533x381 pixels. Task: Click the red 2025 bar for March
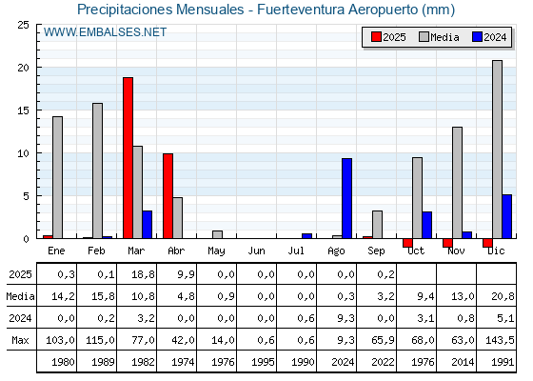click(x=128, y=158)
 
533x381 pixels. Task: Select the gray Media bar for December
click(x=497, y=150)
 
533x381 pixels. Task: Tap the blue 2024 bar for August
click(x=346, y=198)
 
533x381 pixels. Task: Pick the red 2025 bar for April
click(x=168, y=196)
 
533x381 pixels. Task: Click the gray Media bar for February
click(x=97, y=170)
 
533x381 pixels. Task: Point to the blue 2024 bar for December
click(x=506, y=216)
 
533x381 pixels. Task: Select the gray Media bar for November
click(x=457, y=183)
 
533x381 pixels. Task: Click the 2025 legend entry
click(x=388, y=37)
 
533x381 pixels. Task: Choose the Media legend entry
click(x=439, y=37)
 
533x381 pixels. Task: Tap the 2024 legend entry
click(x=489, y=37)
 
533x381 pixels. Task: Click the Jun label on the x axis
click(x=256, y=251)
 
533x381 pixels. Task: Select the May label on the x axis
click(x=216, y=251)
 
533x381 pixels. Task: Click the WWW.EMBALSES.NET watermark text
click(x=105, y=32)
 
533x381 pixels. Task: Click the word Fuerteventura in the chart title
click(x=301, y=10)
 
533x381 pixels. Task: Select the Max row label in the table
click(x=20, y=340)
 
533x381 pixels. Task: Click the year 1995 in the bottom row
click(x=263, y=362)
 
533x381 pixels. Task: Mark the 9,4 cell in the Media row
click(x=425, y=296)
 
